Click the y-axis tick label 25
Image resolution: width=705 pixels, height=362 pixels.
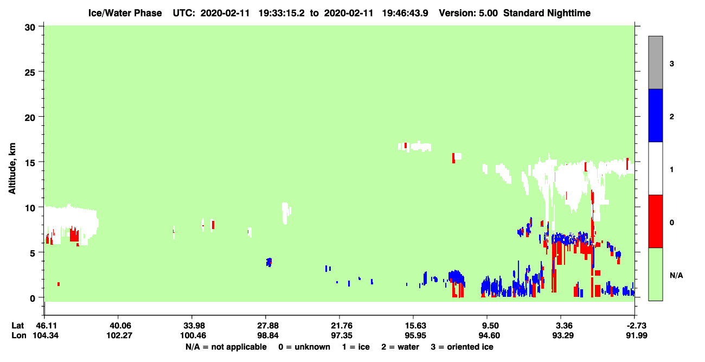click(30, 73)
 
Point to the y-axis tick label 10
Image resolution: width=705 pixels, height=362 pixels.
click(30, 208)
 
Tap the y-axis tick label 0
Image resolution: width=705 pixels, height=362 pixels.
click(33, 299)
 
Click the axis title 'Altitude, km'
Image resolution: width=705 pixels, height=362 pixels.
click(12, 168)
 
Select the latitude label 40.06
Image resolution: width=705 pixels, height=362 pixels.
click(119, 326)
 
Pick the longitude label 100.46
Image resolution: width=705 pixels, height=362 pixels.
click(193, 335)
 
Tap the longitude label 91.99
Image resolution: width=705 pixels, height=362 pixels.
click(636, 335)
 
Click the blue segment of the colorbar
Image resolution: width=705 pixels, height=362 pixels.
click(656, 115)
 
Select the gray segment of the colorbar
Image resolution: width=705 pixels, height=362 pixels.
click(656, 62)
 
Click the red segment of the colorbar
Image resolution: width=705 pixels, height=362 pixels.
click(656, 221)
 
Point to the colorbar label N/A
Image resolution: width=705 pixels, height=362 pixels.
click(676, 276)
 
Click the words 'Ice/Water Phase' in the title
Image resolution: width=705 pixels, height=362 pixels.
click(125, 13)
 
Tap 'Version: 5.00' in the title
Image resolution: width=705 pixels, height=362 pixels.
click(469, 13)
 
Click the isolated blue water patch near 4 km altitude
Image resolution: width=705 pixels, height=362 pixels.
click(269, 262)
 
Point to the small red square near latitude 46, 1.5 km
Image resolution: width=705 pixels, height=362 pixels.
click(59, 284)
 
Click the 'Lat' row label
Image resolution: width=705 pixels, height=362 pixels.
click(17, 326)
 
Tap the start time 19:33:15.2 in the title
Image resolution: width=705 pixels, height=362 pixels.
click(281, 13)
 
